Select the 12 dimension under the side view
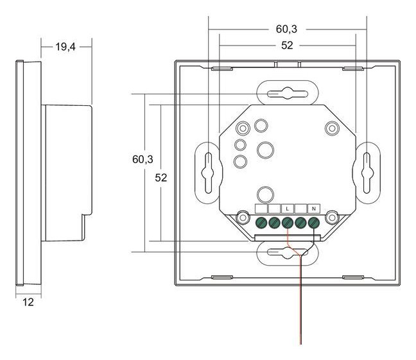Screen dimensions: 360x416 (28, 302)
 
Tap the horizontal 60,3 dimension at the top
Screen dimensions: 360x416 (286, 29)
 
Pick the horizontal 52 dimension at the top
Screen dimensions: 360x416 (287, 46)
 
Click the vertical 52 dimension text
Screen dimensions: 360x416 (161, 178)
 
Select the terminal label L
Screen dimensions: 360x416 (287, 209)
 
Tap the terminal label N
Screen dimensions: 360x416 (313, 209)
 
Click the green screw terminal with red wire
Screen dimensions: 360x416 (287, 223)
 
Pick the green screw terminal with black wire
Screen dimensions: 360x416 (313, 223)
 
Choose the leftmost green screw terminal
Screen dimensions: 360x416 (261, 223)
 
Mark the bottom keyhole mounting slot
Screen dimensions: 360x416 (287, 253)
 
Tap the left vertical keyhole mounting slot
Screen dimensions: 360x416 (208, 172)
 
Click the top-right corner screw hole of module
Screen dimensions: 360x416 (331, 128)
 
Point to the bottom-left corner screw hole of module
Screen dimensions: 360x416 (243, 219)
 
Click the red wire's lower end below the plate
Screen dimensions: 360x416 (300, 341)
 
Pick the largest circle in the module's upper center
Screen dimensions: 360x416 (265, 150)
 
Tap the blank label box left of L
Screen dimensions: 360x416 (273, 209)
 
